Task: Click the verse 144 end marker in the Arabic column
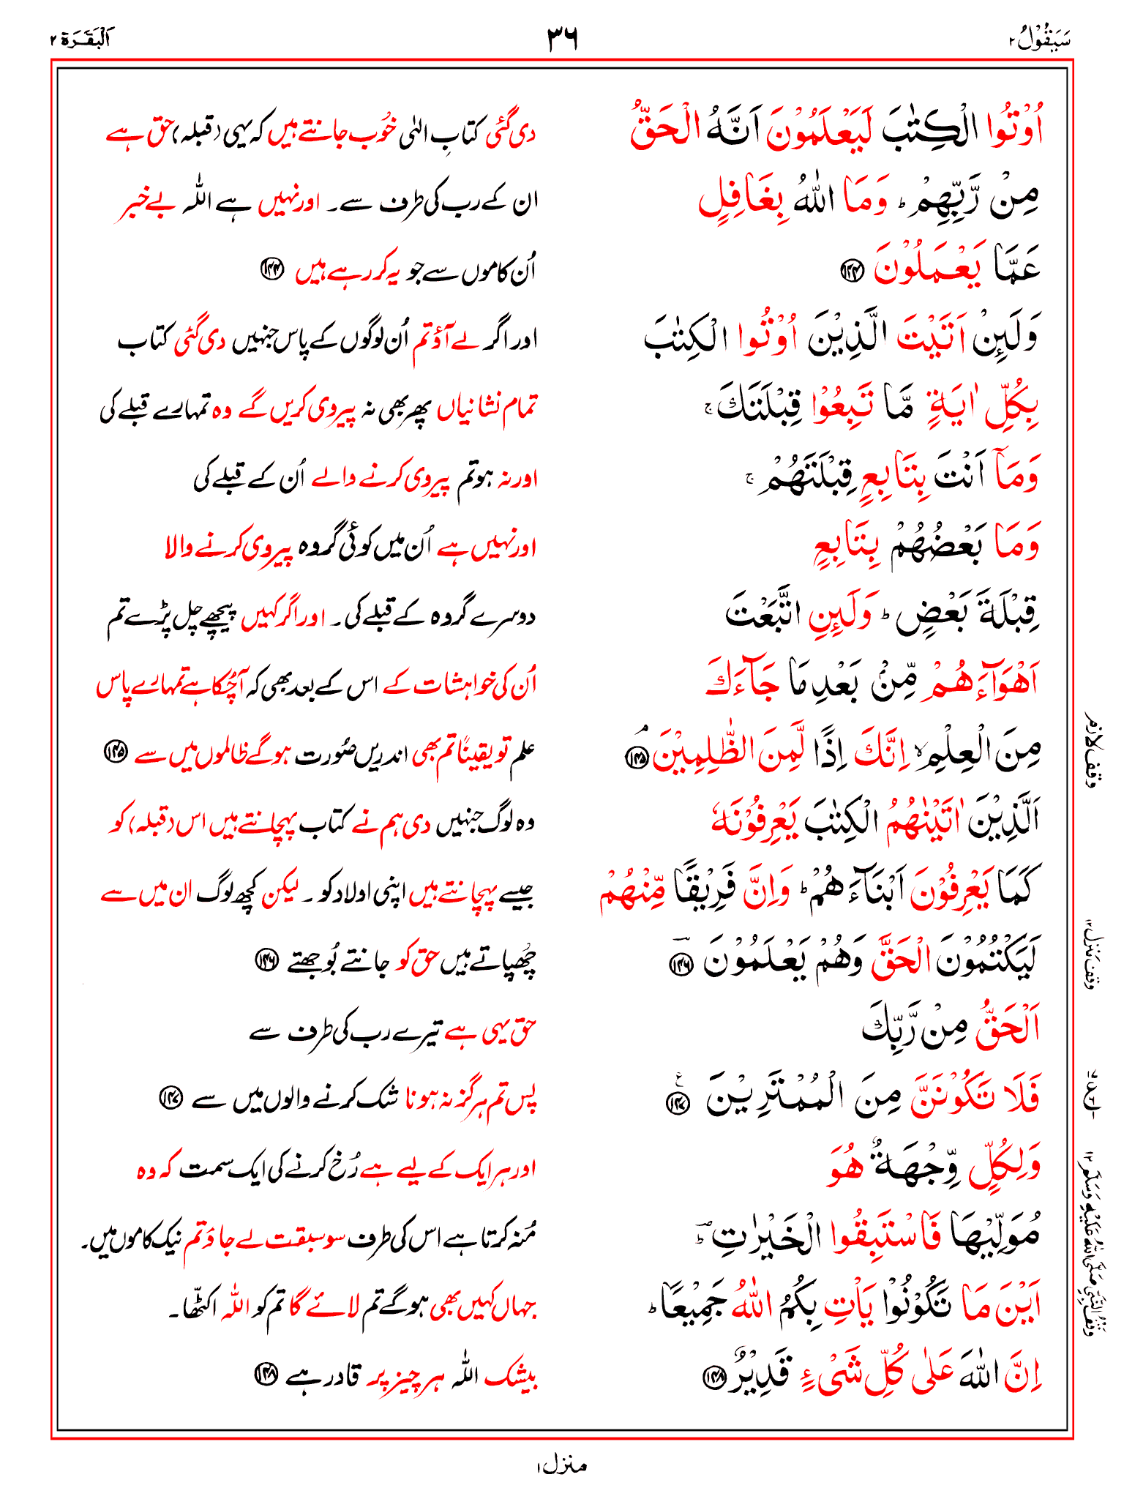(x=851, y=272)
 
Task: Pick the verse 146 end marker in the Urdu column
(x=264, y=959)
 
